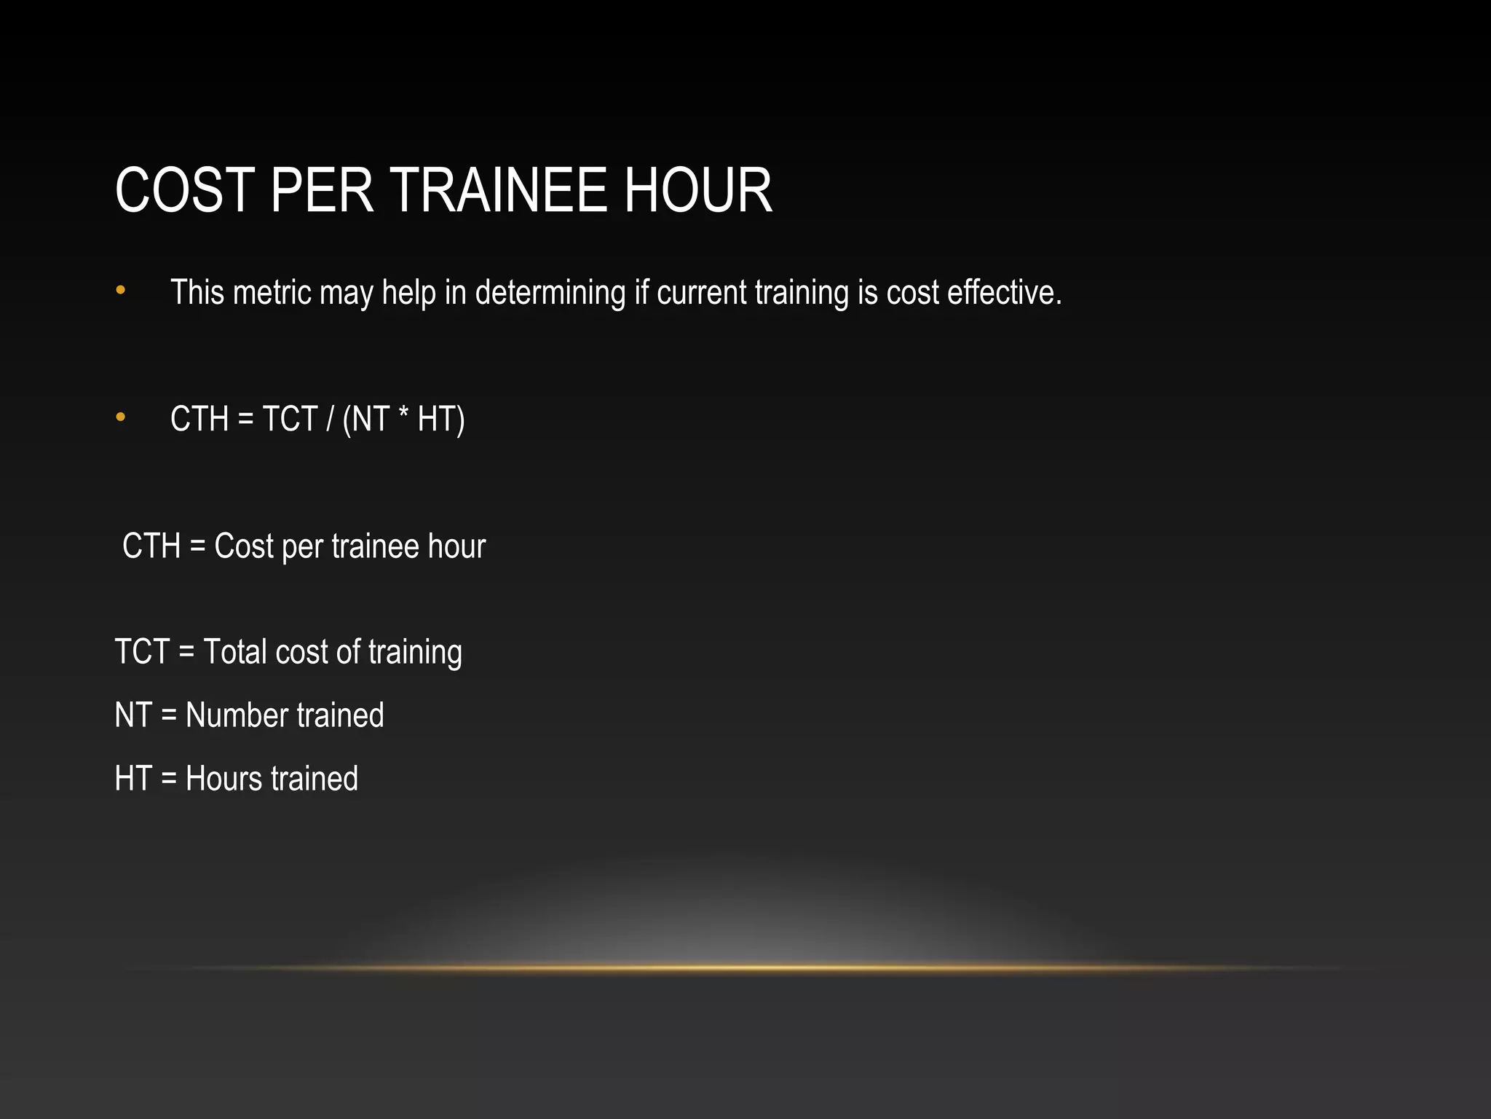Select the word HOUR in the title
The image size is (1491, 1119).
697,191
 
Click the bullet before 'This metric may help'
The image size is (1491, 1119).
121,291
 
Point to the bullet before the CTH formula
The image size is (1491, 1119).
121,417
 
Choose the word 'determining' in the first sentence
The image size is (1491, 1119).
550,293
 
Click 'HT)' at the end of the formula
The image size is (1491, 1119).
441,420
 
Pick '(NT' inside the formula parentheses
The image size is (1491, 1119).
365,420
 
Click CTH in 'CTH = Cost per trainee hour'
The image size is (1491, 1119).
151,546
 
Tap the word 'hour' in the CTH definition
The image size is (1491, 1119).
456,546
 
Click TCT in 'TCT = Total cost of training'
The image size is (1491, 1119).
142,652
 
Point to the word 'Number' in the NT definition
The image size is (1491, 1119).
237,715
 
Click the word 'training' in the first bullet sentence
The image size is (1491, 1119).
802,293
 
